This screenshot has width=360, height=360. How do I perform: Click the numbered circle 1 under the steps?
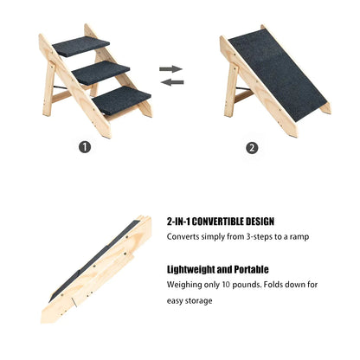[85, 147]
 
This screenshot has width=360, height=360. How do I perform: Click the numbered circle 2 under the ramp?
[252, 147]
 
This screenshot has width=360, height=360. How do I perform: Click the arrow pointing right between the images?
[171, 68]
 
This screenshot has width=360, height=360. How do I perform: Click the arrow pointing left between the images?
[171, 82]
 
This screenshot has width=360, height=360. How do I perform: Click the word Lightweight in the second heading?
[191, 269]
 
